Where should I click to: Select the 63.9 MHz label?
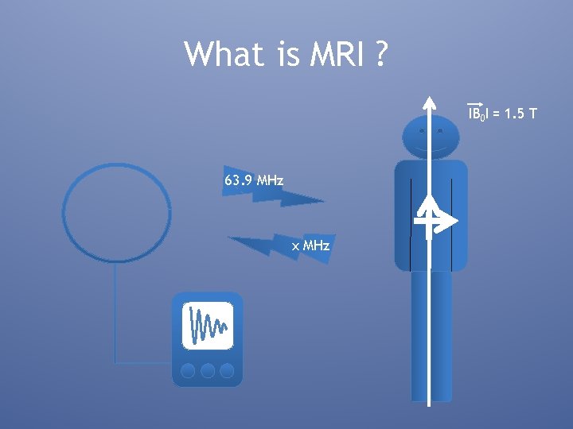click(x=254, y=181)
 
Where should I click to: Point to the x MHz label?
click(x=311, y=246)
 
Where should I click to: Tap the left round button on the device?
click(x=189, y=370)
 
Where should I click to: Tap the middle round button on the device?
click(x=208, y=370)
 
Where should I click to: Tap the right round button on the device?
click(x=227, y=370)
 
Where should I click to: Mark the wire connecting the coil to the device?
click(x=116, y=318)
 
